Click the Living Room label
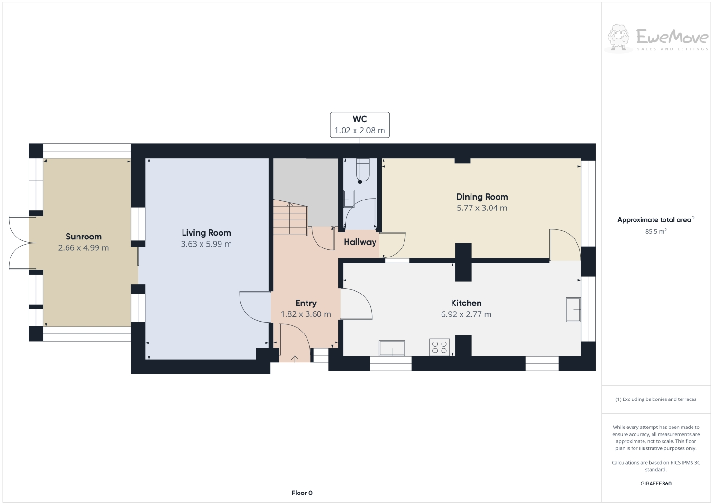click(x=206, y=233)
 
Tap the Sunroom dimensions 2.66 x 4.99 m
click(x=84, y=248)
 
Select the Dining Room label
click(x=482, y=197)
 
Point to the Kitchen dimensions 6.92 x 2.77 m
click(x=466, y=314)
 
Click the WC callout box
click(x=360, y=125)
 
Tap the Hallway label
click(x=360, y=242)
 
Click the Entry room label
click(x=306, y=303)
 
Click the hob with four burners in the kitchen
click(x=440, y=347)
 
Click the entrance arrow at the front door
click(x=295, y=359)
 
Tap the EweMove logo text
click(x=672, y=37)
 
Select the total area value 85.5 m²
click(x=655, y=232)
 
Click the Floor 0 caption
click(x=302, y=493)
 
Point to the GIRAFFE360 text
click(x=656, y=484)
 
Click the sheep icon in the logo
click(x=619, y=37)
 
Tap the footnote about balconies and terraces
click(x=656, y=399)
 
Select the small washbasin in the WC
click(x=349, y=198)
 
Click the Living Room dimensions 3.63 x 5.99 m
click(x=206, y=244)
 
